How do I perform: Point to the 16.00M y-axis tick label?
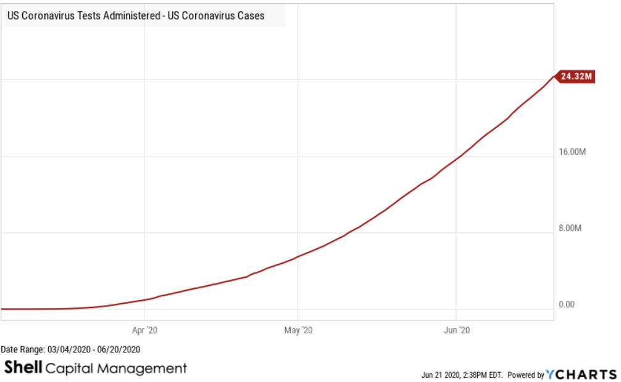point(570,152)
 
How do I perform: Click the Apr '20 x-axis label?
point(144,330)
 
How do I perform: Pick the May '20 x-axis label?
point(298,330)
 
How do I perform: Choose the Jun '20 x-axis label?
point(456,330)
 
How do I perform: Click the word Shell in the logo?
point(23,368)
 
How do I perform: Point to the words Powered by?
point(526,375)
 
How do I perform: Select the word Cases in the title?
point(249,16)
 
